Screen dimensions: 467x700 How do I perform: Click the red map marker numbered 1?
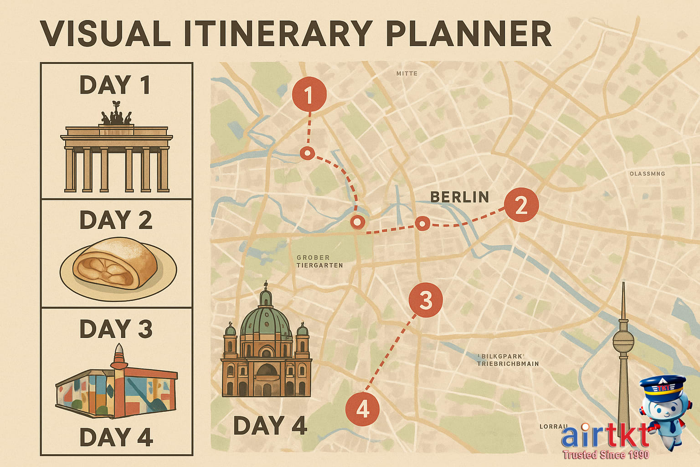[309, 95]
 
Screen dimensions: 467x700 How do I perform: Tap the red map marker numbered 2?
[521, 205]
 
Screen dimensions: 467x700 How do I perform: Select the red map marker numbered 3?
[426, 300]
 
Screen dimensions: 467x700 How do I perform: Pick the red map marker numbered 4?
[362, 409]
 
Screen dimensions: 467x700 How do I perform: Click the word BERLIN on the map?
[459, 197]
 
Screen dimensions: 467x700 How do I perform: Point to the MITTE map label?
[407, 73]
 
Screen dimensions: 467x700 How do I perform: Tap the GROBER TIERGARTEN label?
[319, 261]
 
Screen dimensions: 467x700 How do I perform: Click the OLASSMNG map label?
[647, 174]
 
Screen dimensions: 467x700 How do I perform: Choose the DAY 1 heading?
[115, 85]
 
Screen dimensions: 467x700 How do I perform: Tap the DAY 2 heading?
[116, 220]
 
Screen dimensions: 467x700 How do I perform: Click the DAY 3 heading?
[116, 329]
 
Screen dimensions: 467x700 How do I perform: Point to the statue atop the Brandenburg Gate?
[116, 117]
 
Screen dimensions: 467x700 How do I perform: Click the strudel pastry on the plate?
[116, 265]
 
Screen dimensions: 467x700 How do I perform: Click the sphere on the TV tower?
[623, 341]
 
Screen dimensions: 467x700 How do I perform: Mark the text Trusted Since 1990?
[605, 454]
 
